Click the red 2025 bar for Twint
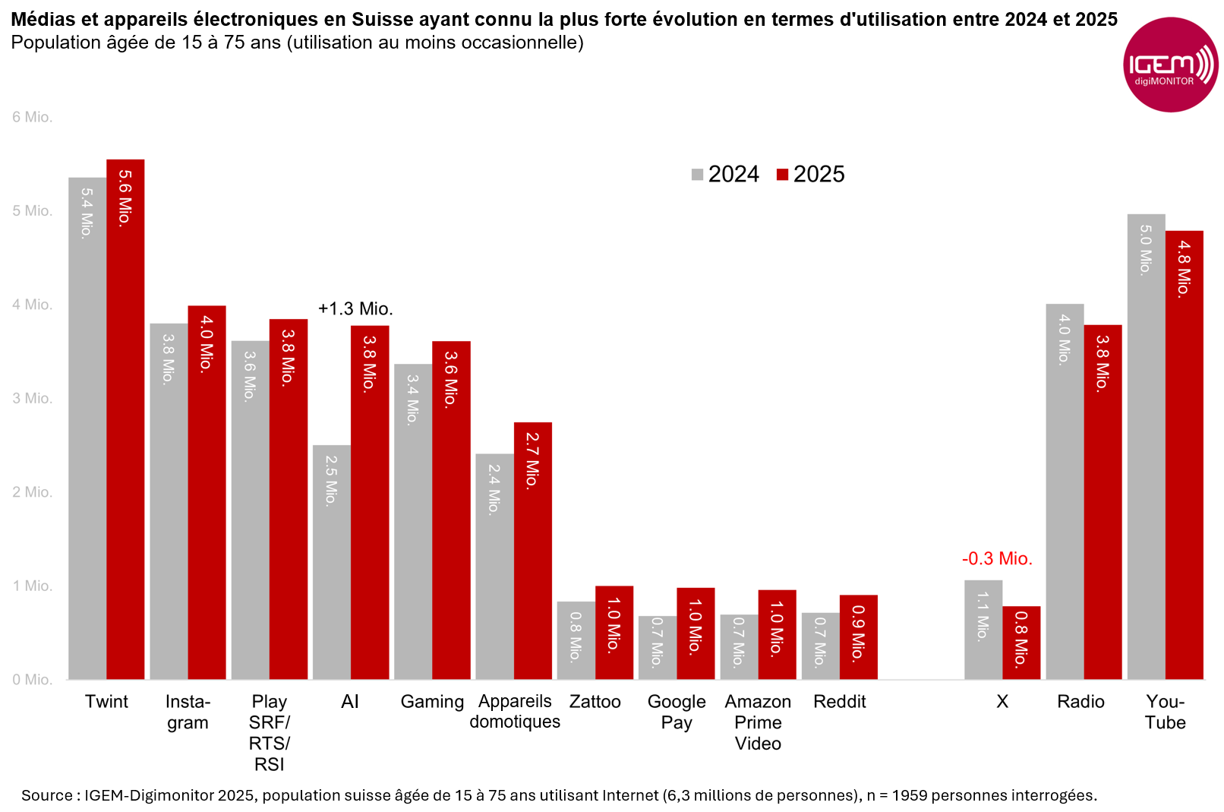(x=125, y=425)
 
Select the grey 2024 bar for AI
(x=332, y=562)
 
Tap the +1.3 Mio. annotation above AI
(x=355, y=309)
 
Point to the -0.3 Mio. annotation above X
(x=997, y=559)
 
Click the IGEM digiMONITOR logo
(x=1170, y=65)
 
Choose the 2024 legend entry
(x=725, y=175)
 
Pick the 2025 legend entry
(x=810, y=175)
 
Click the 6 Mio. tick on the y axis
(x=32, y=117)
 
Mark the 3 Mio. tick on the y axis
(x=32, y=399)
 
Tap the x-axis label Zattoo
(x=595, y=702)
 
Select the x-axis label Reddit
(x=839, y=702)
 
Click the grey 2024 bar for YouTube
(x=1146, y=448)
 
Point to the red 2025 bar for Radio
(x=1103, y=501)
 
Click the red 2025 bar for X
(x=1021, y=643)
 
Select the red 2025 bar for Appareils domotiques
(x=533, y=551)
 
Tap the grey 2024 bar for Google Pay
(x=658, y=647)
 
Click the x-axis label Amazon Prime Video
(x=758, y=722)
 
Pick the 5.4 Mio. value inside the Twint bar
(x=87, y=213)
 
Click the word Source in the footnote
(x=47, y=796)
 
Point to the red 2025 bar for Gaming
(x=451, y=510)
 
